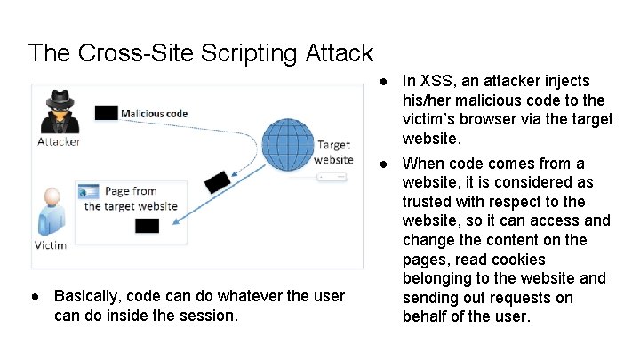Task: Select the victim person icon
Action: click(x=51, y=212)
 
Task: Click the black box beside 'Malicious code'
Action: click(x=106, y=113)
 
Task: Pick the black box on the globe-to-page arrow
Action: click(x=219, y=181)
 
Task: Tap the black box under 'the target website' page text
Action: click(x=147, y=225)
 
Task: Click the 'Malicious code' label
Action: click(x=154, y=114)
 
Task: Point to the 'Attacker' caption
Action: click(x=59, y=141)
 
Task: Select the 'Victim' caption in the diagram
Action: click(x=50, y=244)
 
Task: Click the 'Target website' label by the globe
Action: click(x=333, y=151)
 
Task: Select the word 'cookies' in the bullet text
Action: click(x=537, y=260)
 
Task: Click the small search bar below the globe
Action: click(x=332, y=177)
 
